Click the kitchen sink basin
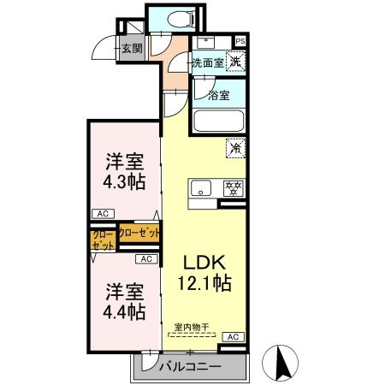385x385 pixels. click(202, 189)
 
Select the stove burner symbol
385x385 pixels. click(230, 189)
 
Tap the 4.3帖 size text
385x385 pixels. click(124, 182)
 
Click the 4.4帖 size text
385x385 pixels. click(124, 310)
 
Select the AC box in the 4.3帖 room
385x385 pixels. click(102, 215)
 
